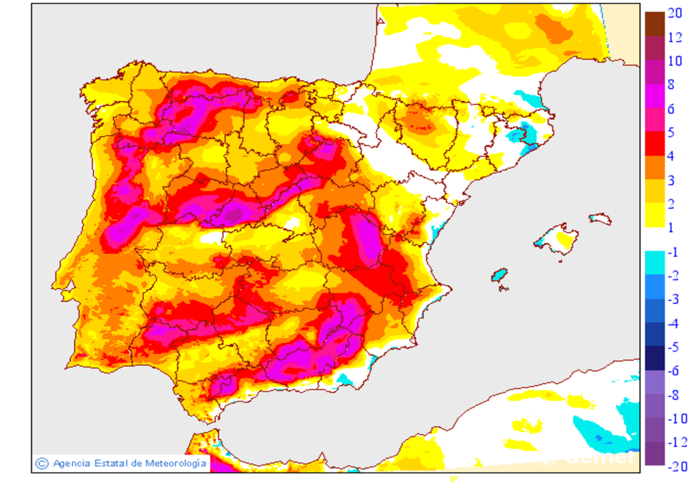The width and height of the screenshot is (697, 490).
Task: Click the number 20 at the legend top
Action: (x=675, y=13)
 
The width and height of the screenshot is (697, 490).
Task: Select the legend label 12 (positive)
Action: (x=675, y=37)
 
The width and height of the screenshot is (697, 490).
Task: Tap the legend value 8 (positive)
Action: (x=670, y=84)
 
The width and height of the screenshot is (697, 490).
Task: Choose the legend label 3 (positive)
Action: (x=670, y=180)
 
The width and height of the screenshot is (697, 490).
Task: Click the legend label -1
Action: (x=672, y=252)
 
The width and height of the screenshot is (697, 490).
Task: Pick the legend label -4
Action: (x=672, y=323)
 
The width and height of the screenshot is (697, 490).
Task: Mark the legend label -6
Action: (x=672, y=371)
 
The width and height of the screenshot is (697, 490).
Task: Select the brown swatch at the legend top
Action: (x=654, y=24)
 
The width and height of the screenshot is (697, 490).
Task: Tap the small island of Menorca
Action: (x=600, y=219)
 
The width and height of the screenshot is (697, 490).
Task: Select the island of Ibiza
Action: (x=500, y=275)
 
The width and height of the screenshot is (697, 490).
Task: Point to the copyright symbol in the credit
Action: (x=42, y=463)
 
